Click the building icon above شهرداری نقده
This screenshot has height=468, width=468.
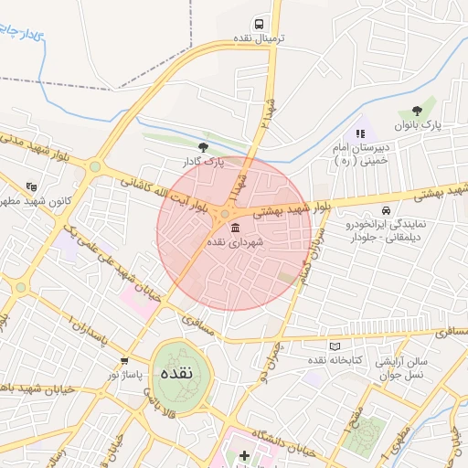[236, 227]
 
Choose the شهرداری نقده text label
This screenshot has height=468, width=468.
[236, 242]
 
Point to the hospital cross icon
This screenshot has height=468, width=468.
[244, 455]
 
